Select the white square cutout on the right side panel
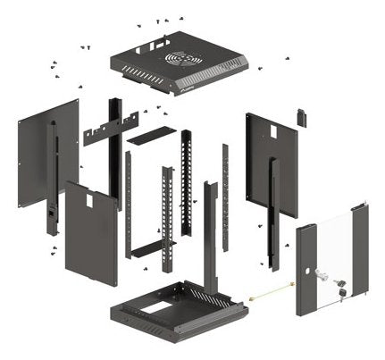(x=273, y=131)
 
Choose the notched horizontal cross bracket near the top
(x=111, y=128)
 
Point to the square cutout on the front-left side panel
(x=88, y=201)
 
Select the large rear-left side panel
(x=39, y=152)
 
